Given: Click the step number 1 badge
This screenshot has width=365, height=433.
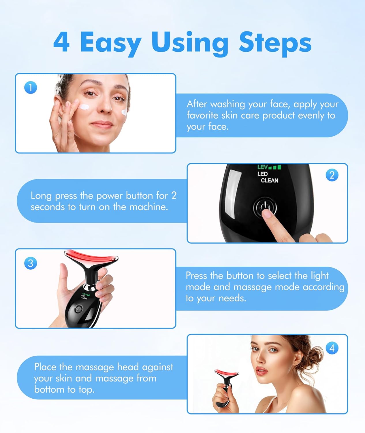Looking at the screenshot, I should click(31, 87).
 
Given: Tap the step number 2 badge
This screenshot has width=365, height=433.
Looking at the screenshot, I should click(332, 175).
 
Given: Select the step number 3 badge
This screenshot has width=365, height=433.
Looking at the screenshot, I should click(31, 263).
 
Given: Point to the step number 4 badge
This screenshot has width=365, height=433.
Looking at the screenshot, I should click(332, 348).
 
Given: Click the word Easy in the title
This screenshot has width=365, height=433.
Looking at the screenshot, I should click(110, 43).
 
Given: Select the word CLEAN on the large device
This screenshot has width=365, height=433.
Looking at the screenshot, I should click(270, 180).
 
